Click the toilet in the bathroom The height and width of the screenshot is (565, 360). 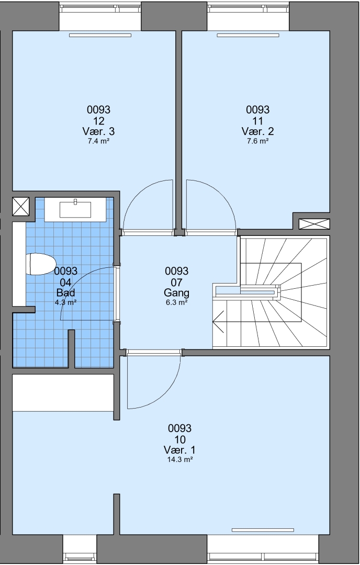[41, 264]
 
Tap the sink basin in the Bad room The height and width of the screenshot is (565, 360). [75, 210]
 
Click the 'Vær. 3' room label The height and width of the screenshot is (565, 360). [98, 131]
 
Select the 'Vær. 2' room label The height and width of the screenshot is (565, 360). [257, 131]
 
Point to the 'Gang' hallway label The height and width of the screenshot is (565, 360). [176, 292]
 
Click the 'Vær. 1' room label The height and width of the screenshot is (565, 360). [179, 450]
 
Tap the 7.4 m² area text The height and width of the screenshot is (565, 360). [98, 141]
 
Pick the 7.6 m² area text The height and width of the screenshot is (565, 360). [257, 141]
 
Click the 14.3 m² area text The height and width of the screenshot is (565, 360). [179, 459]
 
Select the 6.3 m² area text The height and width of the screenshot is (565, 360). [176, 302]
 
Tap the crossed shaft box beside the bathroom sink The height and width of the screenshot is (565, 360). [20, 207]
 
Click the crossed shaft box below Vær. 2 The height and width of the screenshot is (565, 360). [314, 224]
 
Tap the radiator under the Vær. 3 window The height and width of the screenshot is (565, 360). [100, 36]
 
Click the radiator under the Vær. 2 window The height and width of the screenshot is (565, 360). [248, 36]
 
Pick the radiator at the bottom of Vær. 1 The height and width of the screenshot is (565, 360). [263, 530]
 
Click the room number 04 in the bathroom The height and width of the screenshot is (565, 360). [65, 282]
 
